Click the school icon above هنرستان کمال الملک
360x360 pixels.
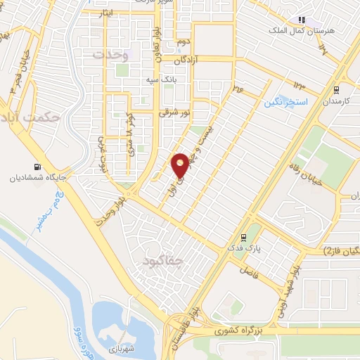tap(302, 20)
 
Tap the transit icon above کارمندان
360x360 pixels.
tap(337, 90)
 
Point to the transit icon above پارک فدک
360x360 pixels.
tap(243, 237)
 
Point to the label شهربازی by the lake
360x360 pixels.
tap(122, 348)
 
